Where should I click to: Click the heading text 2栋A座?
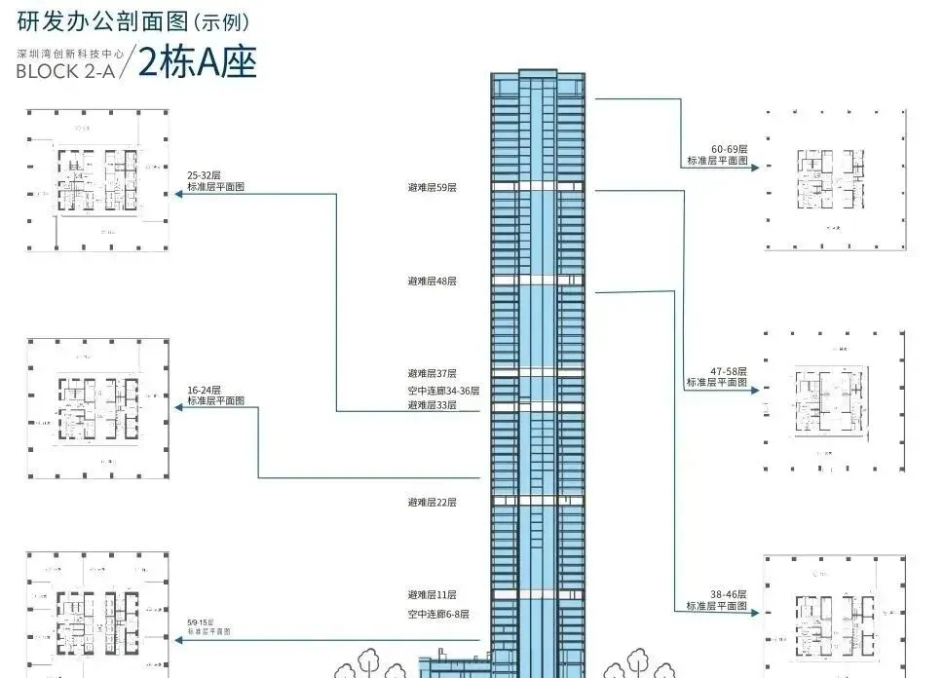tap(197, 63)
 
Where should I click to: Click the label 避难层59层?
tap(432, 186)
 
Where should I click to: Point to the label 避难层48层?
tap(432, 281)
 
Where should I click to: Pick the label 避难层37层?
tap(432, 373)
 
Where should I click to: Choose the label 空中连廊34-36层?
tap(443, 390)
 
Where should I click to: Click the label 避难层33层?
tap(432, 404)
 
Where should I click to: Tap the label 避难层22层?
tap(432, 502)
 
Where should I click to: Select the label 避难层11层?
tap(432, 594)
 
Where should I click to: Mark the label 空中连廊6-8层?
tap(438, 614)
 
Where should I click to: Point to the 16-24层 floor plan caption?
tap(215, 395)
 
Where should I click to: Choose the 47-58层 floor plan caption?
tap(716, 377)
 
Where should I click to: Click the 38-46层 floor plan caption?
tap(716, 599)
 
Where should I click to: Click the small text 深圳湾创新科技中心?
tap(64, 56)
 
